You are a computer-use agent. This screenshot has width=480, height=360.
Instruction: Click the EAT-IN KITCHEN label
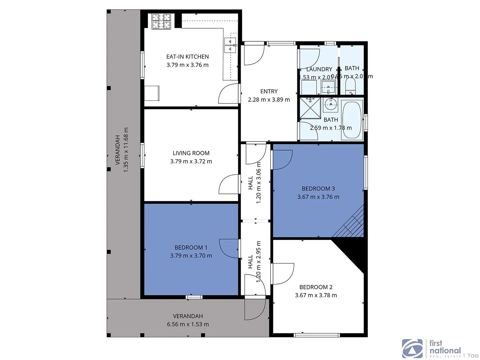pyautogui.click(x=187, y=57)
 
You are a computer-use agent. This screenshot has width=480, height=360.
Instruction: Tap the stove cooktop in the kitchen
pyautogui.click(x=161, y=21)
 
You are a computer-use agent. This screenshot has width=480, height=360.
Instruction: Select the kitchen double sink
pyautogui.click(x=230, y=45)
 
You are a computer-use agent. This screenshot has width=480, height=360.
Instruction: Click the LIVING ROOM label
pyautogui.click(x=191, y=153)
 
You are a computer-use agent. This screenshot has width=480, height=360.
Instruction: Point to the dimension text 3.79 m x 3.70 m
pyautogui.click(x=191, y=256)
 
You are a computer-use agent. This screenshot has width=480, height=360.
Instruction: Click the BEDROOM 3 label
pyautogui.click(x=318, y=189)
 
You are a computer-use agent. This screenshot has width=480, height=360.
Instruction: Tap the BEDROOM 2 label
pyautogui.click(x=316, y=287)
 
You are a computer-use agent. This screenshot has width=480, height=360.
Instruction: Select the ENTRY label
pyautogui.click(x=269, y=91)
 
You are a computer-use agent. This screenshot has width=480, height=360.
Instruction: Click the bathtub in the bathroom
pyautogui.click(x=352, y=120)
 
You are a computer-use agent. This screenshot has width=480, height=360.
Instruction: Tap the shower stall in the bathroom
pyautogui.click(x=310, y=108)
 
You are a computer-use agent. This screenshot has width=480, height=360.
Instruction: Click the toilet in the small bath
pyautogui.click(x=351, y=88)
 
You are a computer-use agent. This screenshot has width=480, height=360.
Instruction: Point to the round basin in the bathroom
pyautogui.click(x=331, y=105)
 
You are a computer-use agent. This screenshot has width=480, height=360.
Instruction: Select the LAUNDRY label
pyautogui.click(x=319, y=69)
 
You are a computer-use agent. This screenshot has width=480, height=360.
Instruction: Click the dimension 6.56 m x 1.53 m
pyautogui.click(x=188, y=324)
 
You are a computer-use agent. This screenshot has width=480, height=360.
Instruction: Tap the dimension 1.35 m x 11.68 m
pyautogui.click(x=126, y=150)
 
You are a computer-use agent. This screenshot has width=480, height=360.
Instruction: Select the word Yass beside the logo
pyautogui.click(x=473, y=356)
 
